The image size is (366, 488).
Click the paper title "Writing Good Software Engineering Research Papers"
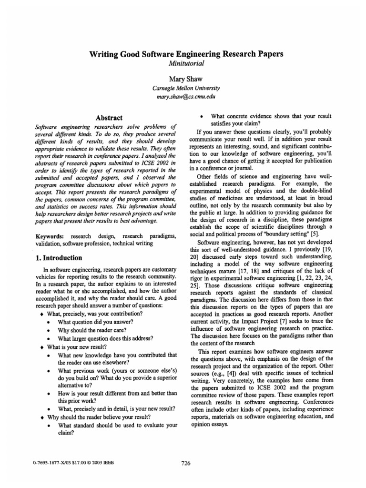tap(186, 54)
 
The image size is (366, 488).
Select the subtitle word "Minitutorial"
tap(186, 64)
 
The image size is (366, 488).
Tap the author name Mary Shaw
tap(186, 79)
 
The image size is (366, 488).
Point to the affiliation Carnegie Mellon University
tap(186, 89)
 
